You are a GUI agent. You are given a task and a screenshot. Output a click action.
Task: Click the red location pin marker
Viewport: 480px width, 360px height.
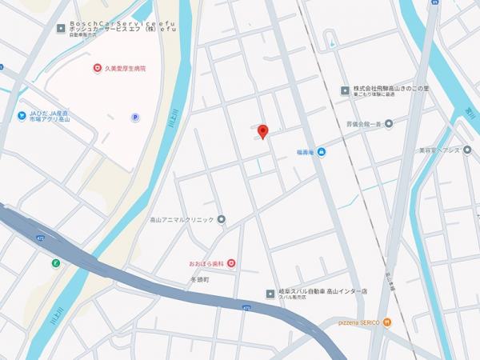(263, 130)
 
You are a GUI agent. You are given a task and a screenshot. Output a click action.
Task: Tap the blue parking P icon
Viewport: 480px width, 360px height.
(134, 117)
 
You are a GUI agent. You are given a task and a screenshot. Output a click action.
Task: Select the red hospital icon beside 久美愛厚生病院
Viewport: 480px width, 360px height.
(98, 68)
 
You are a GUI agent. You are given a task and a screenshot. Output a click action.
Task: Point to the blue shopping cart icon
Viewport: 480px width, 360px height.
(22, 114)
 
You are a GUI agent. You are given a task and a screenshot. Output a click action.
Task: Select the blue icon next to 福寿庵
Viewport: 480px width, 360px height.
(321, 152)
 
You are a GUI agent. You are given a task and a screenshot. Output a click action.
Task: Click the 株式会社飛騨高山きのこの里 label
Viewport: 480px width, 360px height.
(392, 89)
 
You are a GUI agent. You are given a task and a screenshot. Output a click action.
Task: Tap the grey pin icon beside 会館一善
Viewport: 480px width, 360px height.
(389, 124)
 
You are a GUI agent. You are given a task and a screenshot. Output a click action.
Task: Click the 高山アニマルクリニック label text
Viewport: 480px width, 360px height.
(182, 219)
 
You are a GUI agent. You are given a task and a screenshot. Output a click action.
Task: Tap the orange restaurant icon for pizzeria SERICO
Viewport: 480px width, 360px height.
(387, 322)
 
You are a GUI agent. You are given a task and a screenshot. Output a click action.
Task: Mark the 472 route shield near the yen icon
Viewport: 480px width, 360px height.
(41, 238)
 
